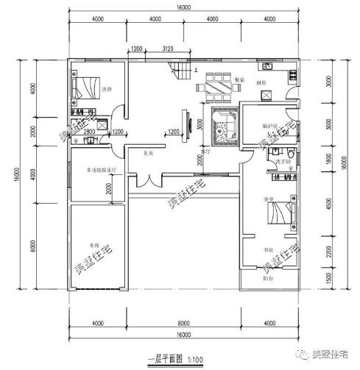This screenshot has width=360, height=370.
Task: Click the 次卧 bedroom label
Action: (x=107, y=89)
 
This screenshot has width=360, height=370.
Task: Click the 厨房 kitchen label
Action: (x=261, y=83)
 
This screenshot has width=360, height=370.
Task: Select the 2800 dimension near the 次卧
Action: (x=88, y=131)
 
